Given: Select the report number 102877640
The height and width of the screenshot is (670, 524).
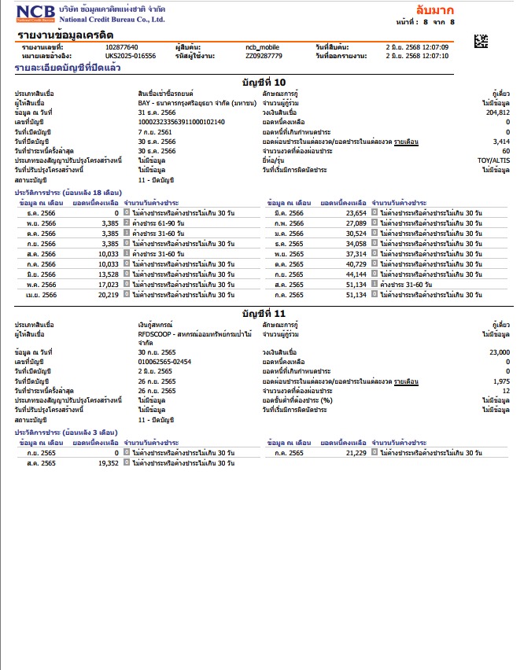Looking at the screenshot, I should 121,48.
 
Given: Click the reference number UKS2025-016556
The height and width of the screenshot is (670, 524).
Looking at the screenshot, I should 131,57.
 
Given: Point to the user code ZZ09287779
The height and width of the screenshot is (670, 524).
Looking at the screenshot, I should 264,57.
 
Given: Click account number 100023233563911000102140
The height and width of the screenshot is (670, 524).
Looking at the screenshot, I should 181,122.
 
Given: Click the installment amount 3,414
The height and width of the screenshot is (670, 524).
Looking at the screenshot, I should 501,141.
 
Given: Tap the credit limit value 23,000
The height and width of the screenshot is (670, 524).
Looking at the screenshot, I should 499,352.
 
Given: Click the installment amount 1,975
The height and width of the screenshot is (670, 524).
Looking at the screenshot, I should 501,381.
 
